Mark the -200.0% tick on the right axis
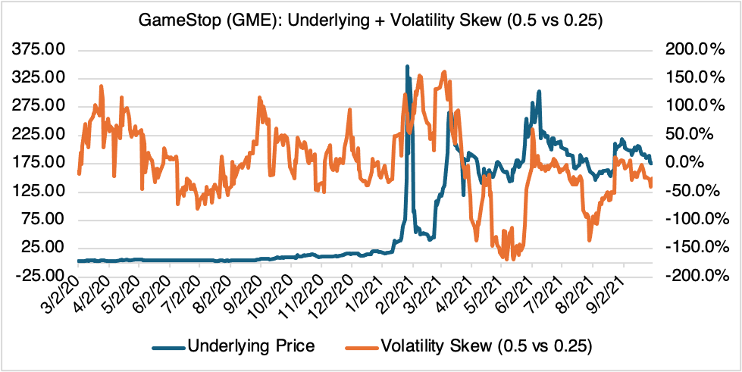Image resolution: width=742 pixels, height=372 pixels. (692, 276)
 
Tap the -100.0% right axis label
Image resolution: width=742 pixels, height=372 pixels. (692, 220)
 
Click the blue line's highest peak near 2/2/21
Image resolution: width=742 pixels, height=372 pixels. (408, 67)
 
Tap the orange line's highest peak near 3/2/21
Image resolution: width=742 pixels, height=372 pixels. (443, 71)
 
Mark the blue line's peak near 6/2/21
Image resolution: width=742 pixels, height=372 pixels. (539, 92)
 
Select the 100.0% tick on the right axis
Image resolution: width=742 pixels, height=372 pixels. (692, 106)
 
